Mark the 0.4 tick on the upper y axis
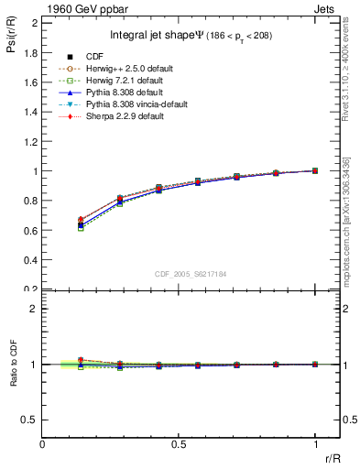point(31,259)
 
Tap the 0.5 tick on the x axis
point(179,443)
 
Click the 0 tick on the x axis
point(43,443)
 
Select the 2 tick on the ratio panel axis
point(35,309)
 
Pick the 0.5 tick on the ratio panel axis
point(31,420)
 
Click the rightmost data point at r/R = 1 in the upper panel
point(315,170)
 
